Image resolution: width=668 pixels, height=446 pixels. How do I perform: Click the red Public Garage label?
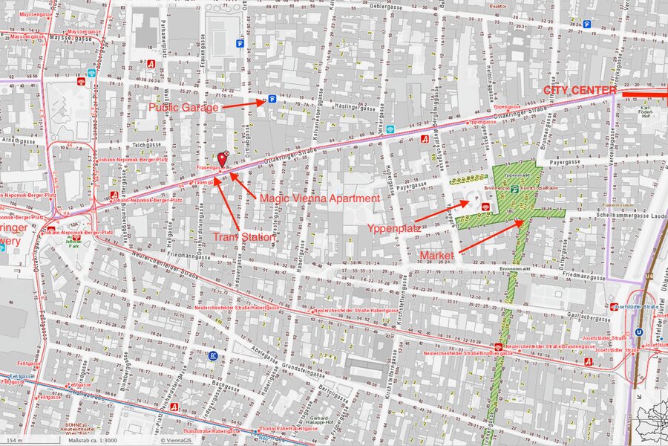click(183, 107)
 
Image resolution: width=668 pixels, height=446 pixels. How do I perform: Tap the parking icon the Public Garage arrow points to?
click(272, 98)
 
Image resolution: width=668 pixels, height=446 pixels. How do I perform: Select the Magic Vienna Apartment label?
click(318, 198)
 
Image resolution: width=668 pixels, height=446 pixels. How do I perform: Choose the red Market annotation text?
click(438, 255)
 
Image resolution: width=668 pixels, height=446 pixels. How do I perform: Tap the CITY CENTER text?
click(580, 90)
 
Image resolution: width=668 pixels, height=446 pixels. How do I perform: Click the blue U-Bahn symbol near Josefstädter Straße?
click(639, 333)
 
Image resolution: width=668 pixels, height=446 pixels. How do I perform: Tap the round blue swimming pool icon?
click(213, 356)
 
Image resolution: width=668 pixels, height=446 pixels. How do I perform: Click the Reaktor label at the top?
click(498, 6)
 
